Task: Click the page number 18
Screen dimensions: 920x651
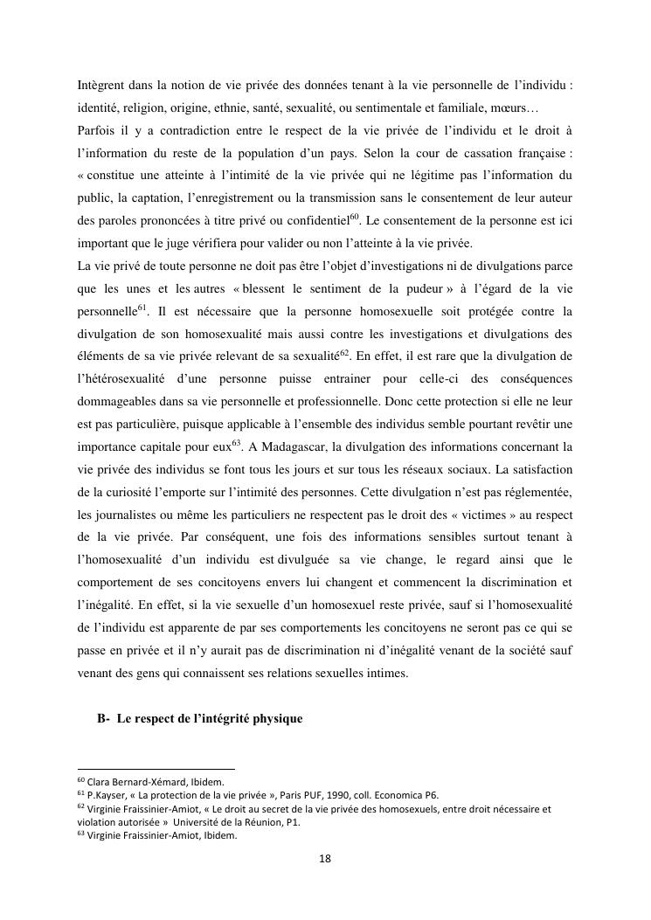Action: [x=325, y=859]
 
